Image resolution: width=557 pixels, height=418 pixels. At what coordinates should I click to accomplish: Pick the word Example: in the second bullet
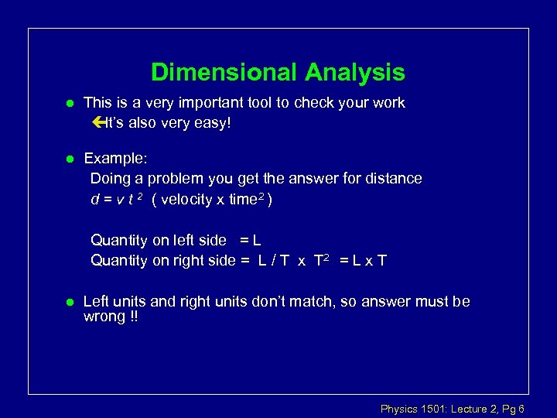point(114,158)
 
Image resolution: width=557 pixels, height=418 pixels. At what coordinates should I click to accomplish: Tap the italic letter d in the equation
point(94,200)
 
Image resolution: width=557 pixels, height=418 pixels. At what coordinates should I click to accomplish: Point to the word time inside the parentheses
point(244,200)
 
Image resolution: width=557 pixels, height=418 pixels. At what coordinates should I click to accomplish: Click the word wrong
point(104,317)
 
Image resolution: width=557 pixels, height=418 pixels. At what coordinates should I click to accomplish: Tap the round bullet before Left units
point(69,302)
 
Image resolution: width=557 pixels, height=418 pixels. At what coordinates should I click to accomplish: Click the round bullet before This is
point(69,104)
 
